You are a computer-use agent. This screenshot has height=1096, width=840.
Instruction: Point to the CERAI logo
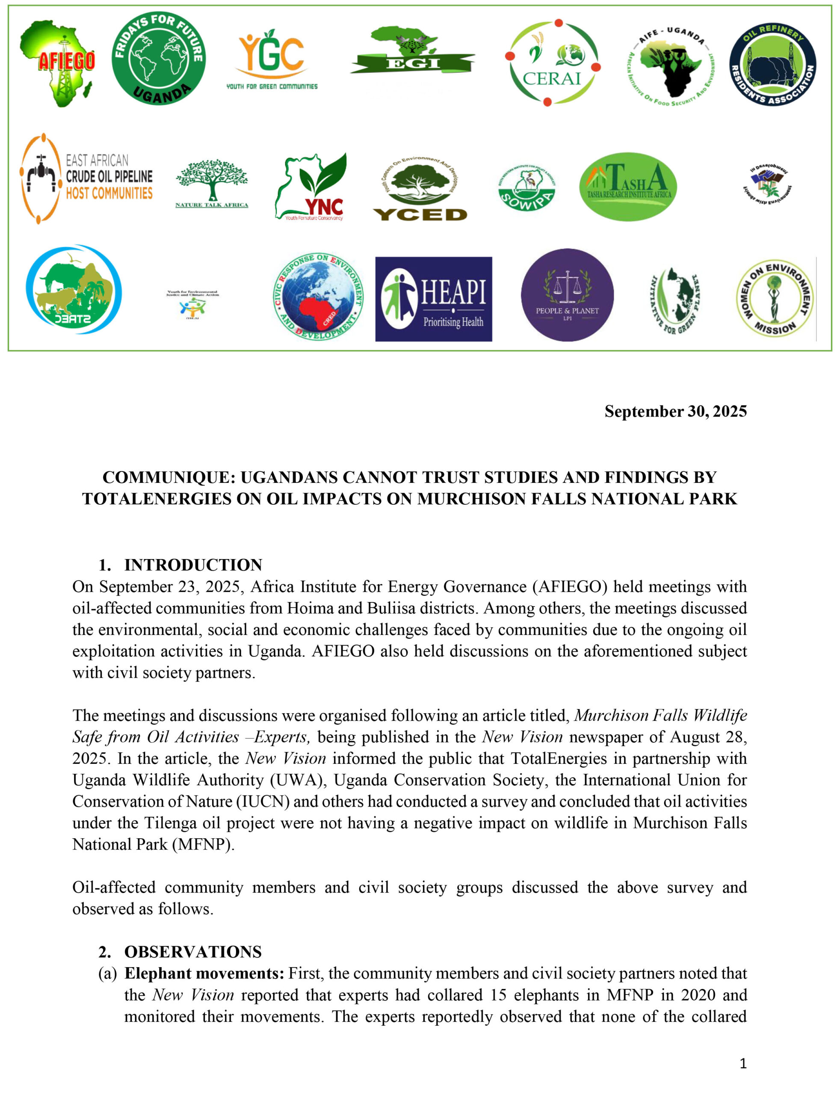[553, 63]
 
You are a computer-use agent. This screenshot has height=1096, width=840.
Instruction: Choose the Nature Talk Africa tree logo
[212, 183]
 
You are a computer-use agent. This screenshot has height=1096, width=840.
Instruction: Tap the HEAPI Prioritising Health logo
[434, 299]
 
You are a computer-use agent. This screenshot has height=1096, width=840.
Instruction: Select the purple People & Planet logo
[567, 295]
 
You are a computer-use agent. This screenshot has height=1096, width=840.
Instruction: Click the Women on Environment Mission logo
[774, 298]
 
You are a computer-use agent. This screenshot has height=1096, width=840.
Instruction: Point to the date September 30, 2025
[675, 411]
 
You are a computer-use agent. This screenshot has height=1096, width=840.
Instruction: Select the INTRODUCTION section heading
[193, 565]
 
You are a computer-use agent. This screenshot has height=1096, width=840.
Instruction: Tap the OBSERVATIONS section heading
[193, 952]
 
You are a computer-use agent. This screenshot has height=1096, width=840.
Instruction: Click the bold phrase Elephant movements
[204, 974]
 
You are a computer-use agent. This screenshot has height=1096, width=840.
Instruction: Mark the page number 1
[743, 1063]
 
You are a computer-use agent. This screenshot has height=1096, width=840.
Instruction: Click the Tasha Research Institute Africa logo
[628, 186]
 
